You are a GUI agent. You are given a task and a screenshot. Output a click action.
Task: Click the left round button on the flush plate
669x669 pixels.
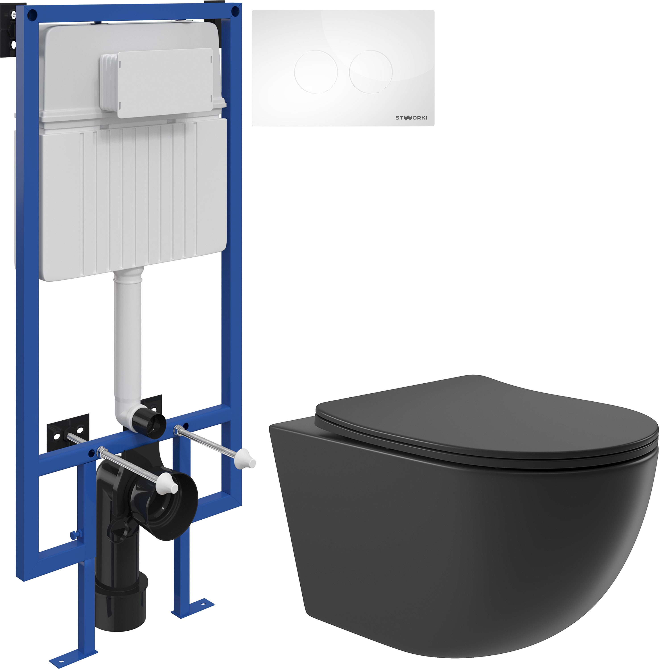pyautogui.click(x=316, y=72)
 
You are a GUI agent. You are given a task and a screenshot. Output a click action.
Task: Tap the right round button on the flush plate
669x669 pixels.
pyautogui.click(x=371, y=72)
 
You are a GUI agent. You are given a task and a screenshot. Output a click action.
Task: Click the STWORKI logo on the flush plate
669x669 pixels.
pyautogui.click(x=411, y=118)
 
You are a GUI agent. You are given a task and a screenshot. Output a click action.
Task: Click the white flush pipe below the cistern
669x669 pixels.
pyautogui.click(x=128, y=336)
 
